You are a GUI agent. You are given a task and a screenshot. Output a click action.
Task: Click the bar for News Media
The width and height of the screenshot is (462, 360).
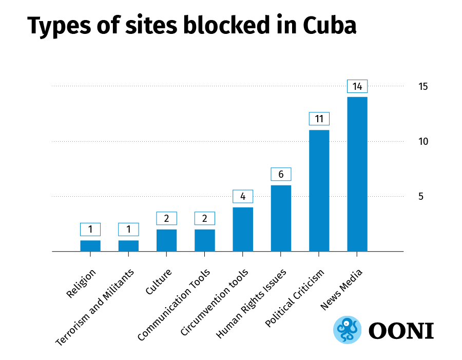(x=357, y=174)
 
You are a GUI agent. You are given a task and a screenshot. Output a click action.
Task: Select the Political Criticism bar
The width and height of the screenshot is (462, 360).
(x=319, y=191)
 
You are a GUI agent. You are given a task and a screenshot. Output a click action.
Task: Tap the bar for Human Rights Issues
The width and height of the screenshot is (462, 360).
(x=281, y=218)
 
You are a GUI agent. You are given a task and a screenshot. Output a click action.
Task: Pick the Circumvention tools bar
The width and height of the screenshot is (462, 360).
(x=243, y=229)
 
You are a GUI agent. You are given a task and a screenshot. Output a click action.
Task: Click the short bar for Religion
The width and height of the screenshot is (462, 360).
(x=90, y=246)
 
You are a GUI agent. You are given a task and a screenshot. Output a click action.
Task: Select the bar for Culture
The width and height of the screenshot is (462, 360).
(x=166, y=240)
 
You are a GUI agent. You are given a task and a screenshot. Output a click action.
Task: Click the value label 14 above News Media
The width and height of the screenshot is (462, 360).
(x=357, y=86)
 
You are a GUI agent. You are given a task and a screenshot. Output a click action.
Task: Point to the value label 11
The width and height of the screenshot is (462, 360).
(x=319, y=119)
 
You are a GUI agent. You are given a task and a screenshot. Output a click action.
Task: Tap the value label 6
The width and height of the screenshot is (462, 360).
(x=281, y=174)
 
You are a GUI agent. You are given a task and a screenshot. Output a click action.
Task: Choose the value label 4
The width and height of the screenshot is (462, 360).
(x=243, y=196)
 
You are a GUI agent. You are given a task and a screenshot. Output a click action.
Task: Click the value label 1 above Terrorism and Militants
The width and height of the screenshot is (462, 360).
(x=128, y=229)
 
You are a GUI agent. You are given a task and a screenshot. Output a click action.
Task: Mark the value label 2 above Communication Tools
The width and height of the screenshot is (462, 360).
(x=204, y=218)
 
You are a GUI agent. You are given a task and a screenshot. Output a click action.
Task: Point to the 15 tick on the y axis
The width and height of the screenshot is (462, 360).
(x=423, y=86)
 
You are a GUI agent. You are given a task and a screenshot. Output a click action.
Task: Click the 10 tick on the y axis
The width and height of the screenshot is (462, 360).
(x=423, y=141)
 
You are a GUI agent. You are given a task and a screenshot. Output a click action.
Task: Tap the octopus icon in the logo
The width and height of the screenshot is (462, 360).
(x=348, y=329)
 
